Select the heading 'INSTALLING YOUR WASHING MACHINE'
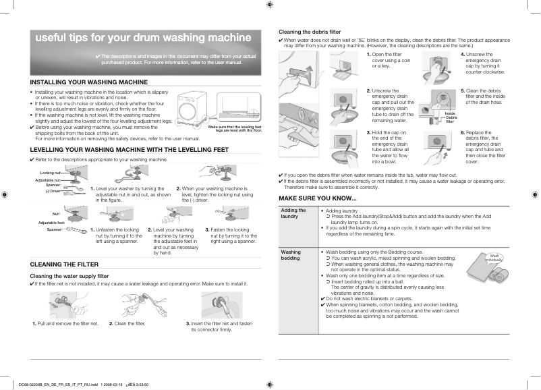(89, 82)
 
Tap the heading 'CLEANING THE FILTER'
(65, 264)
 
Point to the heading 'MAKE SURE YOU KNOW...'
(318, 198)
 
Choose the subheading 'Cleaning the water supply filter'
(69, 276)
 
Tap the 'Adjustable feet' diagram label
(51, 223)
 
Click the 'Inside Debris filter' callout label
(451, 117)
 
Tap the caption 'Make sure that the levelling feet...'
(234, 128)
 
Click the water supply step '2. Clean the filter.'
(127, 323)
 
